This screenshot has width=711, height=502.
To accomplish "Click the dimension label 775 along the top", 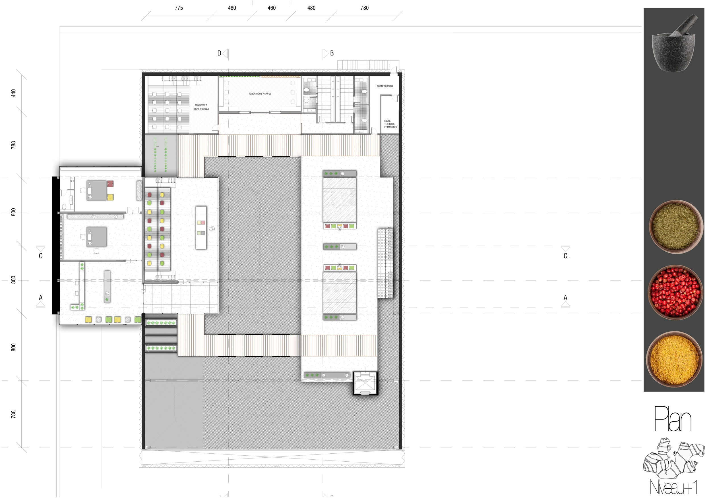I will click(x=179, y=8).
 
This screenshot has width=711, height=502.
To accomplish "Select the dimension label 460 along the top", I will click(x=272, y=8).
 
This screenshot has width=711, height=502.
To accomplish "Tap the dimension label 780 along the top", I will click(x=365, y=8).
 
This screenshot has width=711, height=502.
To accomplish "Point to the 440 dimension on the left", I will click(x=13, y=93).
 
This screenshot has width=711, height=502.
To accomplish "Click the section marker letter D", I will click(x=219, y=53).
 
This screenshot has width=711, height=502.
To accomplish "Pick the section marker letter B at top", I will click(x=332, y=53).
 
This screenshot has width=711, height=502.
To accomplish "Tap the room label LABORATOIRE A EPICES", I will click(x=260, y=94).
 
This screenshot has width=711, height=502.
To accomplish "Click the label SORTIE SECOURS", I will click(x=385, y=86).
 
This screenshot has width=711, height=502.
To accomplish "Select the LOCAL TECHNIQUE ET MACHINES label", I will click(x=390, y=124).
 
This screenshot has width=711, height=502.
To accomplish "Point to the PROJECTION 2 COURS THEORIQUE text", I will click(x=201, y=107).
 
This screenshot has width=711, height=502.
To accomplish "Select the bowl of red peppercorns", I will click(x=675, y=293).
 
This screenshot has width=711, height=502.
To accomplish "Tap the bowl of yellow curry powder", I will click(x=675, y=359).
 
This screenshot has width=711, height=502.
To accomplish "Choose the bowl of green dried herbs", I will click(x=675, y=227).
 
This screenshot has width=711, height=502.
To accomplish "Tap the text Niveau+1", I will click(x=673, y=487).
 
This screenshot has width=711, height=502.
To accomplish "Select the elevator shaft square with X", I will click(x=365, y=383).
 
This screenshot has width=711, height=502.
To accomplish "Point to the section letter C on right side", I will click(x=565, y=256).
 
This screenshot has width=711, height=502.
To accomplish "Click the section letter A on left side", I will click(x=41, y=297).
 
